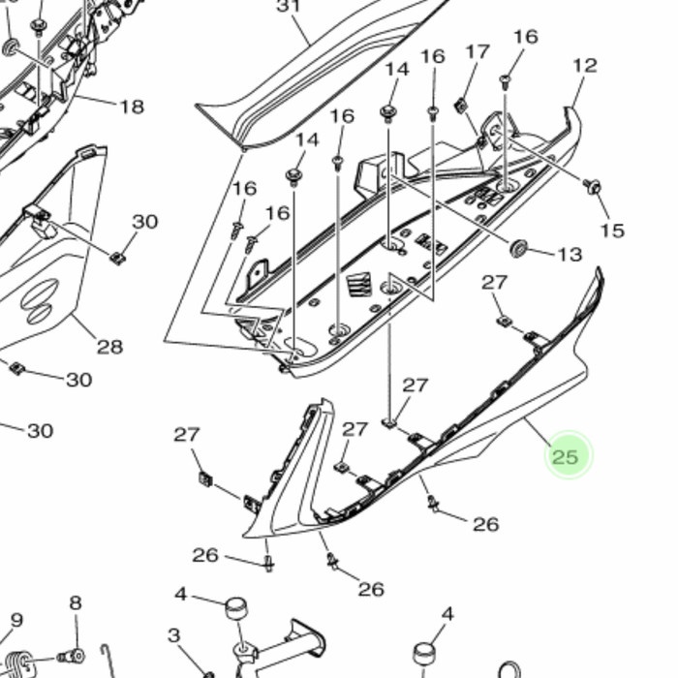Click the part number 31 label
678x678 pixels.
tap(289, 8)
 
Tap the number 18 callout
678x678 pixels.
tap(132, 107)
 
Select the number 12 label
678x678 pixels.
tap(585, 66)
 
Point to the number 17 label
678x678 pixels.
tap(478, 51)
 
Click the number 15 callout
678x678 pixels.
tap(611, 231)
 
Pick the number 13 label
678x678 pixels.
tap(570, 255)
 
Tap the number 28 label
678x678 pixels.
tap(109, 346)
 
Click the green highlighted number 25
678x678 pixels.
tap(565, 456)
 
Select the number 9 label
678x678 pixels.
tap(16, 620)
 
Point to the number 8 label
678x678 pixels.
tap(76, 603)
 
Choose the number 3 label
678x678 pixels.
tap(173, 635)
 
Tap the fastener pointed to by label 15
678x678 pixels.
tap(594, 185)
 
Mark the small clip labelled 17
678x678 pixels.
tap(461, 105)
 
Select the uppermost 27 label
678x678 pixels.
tap(495, 282)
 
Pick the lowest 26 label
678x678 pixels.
tap(371, 589)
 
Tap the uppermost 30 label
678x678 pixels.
tap(144, 222)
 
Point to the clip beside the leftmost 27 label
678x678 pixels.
tap(205, 477)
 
